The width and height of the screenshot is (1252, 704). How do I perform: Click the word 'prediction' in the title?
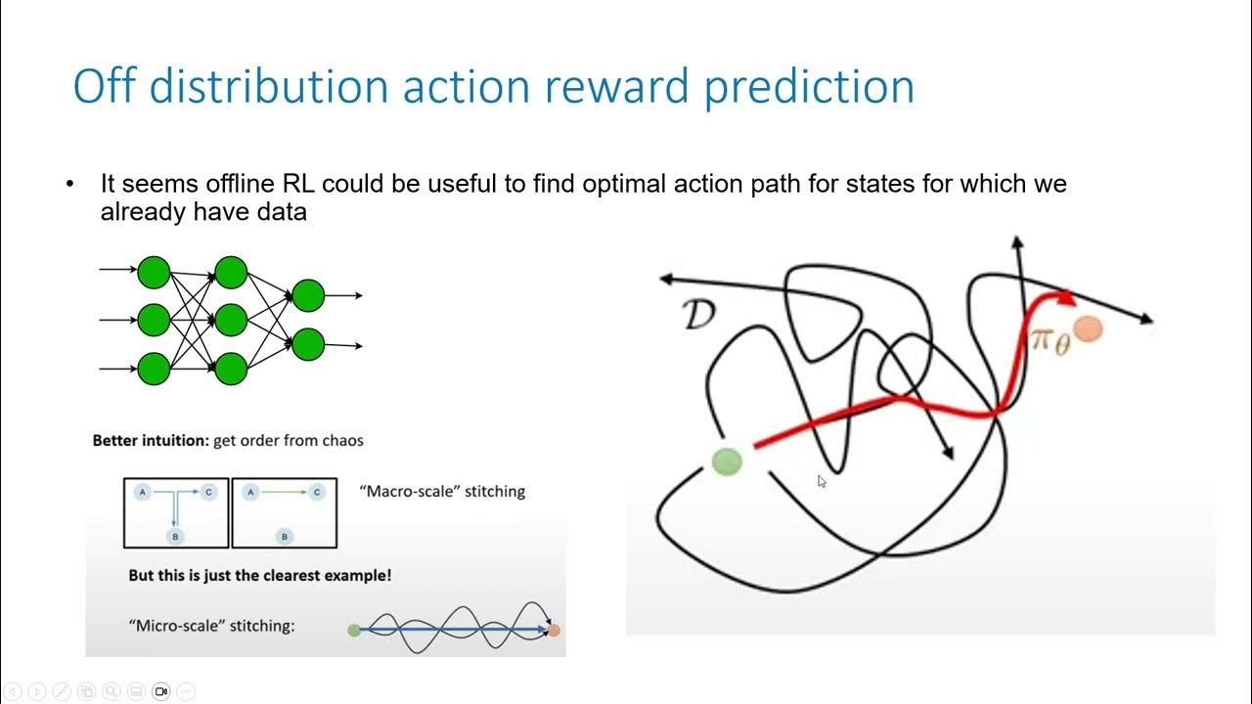tap(809, 87)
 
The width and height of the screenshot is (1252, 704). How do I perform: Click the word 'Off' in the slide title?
tap(105, 86)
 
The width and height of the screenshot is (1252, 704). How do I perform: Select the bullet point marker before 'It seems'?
tap(69, 183)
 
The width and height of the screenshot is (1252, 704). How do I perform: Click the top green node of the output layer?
tap(308, 295)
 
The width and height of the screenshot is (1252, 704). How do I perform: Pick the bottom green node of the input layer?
tap(154, 369)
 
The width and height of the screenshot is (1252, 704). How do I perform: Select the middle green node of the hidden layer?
tap(231, 320)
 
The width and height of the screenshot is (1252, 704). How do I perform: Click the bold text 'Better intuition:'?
tap(151, 441)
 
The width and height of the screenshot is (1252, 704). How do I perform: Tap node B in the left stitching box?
tap(175, 537)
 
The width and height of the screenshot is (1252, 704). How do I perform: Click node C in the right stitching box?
tap(317, 492)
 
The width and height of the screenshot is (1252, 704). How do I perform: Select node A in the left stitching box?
tap(143, 492)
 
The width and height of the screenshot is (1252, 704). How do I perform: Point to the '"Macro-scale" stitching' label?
tap(442, 492)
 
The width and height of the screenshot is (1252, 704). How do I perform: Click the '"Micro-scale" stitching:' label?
tap(211, 626)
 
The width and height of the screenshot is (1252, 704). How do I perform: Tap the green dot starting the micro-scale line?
tap(354, 631)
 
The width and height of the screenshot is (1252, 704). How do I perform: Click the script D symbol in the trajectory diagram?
tap(698, 314)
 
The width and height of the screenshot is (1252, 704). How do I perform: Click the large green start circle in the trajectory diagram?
tap(727, 462)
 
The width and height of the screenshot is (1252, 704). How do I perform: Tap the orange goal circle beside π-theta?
tap(1089, 330)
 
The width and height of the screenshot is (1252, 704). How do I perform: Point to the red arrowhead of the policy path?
tap(1066, 298)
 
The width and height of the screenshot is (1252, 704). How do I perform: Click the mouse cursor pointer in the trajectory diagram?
tap(822, 482)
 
